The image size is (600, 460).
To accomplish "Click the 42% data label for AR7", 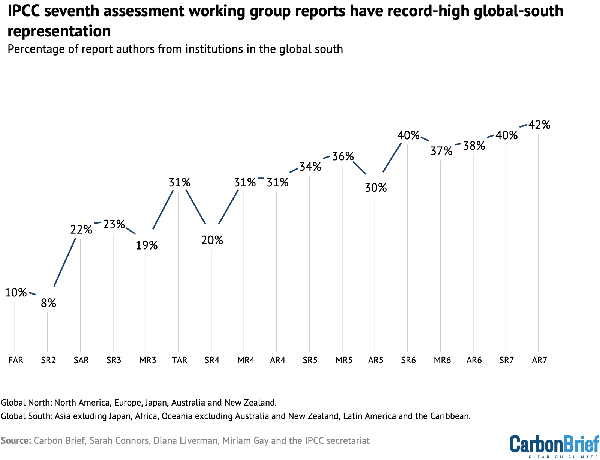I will point(539,125).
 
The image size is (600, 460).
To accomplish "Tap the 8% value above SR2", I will point(48,303).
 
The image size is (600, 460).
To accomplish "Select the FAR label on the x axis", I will point(16,360).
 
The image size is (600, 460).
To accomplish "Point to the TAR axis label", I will point(179,360).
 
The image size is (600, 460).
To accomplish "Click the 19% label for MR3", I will point(147,245).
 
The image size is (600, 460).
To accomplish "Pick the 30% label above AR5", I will point(376,188).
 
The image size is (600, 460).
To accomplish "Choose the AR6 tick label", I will point(474,360).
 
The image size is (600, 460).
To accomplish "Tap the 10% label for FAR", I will point(16,292).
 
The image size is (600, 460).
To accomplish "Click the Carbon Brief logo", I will point(554,445).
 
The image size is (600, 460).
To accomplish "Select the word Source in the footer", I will point(16,440).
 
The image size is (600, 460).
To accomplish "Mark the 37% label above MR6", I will point(441,151).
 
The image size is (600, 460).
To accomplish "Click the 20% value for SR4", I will point(212,240).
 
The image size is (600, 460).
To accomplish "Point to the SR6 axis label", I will point(408,360).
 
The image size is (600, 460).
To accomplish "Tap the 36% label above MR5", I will point(343,156).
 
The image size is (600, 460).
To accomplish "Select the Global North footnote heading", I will point(26,403).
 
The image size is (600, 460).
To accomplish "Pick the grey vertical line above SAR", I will point(80,293).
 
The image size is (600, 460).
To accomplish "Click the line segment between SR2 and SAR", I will point(65,262).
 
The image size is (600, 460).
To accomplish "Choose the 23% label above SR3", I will point(114,224).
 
